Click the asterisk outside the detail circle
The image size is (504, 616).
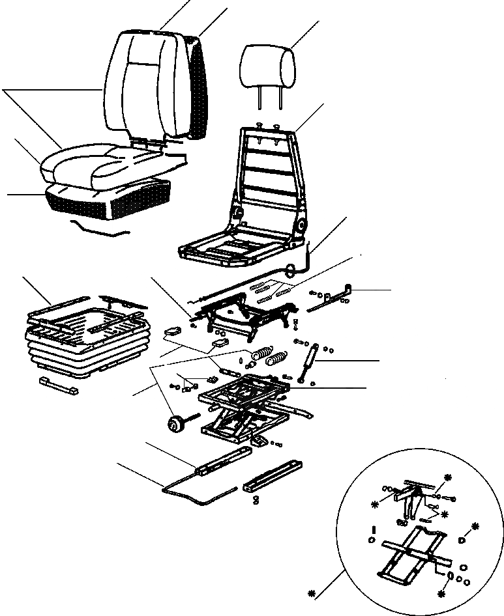coord(312,593)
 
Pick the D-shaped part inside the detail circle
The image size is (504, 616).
coord(462,539)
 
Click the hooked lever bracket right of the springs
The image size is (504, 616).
coord(336,296)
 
